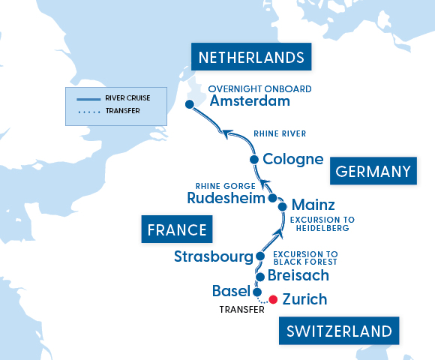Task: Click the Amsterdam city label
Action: coord(250,102)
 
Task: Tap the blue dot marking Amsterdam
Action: coord(190,104)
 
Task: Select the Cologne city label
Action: coord(292,160)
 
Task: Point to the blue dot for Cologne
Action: coord(254,160)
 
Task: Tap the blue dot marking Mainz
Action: coord(282,206)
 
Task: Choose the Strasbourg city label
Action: coord(213,256)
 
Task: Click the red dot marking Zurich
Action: coord(273,299)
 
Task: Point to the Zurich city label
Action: coord(304,299)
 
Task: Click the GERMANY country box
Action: coord(373,172)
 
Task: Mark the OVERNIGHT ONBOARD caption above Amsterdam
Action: coord(259,88)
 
